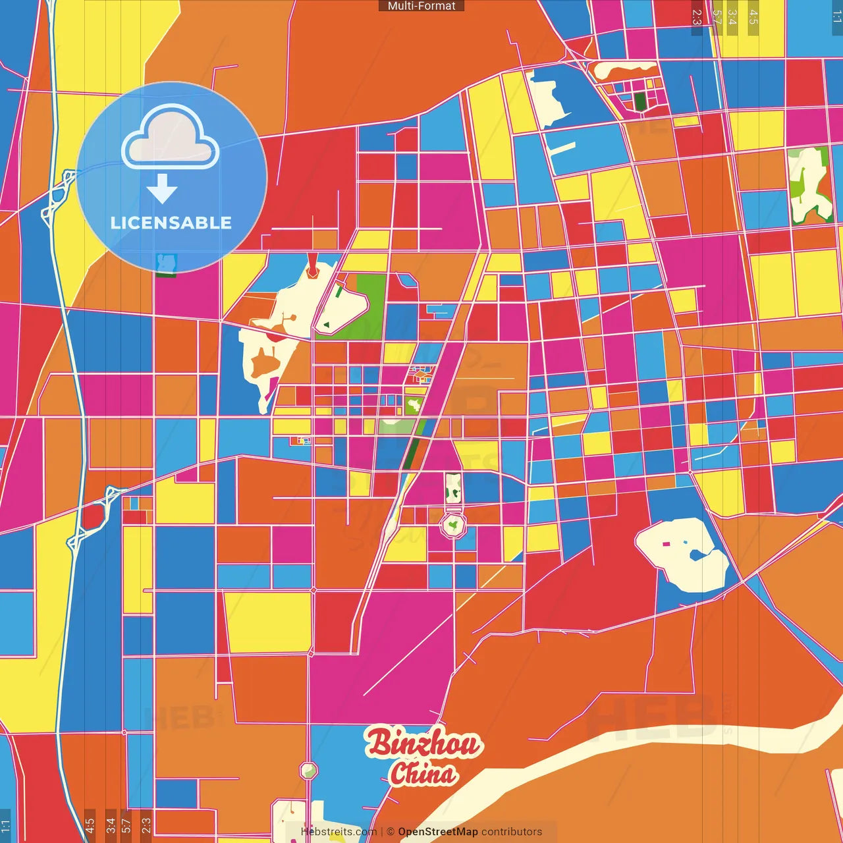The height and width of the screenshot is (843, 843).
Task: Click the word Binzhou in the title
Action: tap(423, 744)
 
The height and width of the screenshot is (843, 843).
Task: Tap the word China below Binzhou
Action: tap(422, 773)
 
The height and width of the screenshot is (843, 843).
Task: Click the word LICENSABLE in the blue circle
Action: tap(171, 223)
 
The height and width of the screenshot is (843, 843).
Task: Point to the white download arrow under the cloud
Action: tap(162, 188)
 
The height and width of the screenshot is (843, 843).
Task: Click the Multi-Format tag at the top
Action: tap(421, 6)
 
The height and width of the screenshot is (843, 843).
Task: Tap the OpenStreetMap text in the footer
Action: tap(438, 832)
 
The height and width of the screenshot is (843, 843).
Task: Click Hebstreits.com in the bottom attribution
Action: tap(339, 832)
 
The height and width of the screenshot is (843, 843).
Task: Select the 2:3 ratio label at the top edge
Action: tap(697, 17)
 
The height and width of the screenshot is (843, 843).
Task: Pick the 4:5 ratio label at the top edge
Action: tap(753, 17)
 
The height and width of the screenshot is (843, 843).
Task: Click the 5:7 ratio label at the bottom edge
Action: tap(126, 825)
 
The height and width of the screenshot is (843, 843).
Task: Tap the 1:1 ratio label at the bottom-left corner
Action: tap(5, 825)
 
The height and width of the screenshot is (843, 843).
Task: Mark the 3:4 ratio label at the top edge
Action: tap(732, 17)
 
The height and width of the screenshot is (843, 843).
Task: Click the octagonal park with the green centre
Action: tap(452, 526)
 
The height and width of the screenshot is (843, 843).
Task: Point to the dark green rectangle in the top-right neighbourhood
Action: tap(639, 101)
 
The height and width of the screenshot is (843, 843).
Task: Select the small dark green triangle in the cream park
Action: tap(326, 325)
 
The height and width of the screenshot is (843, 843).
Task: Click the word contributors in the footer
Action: tap(512, 832)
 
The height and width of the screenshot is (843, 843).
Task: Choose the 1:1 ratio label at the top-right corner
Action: tap(837, 17)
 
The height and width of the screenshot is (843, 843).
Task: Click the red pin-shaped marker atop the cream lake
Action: tap(313, 269)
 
